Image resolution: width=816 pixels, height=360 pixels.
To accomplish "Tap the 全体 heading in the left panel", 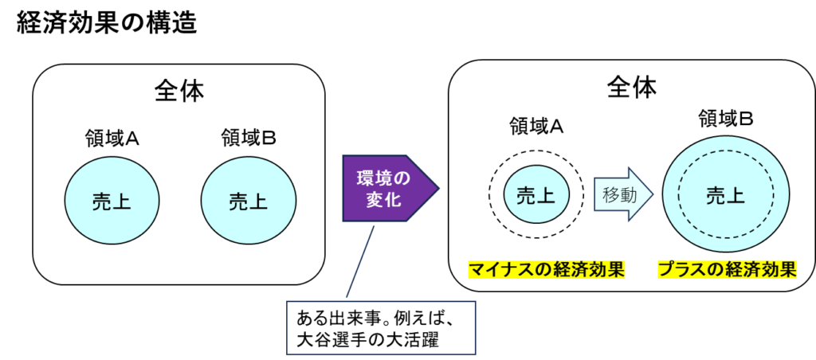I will tap(178, 91).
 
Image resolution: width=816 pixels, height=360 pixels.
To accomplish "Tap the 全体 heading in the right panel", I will tap(631, 87).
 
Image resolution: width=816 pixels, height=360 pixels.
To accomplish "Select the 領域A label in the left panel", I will tap(112, 139).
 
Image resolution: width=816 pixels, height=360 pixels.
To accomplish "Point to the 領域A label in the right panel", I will tap(536, 125).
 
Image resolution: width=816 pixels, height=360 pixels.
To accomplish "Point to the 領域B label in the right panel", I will tap(726, 119).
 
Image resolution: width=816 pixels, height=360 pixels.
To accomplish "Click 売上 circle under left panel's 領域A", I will tap(112, 201).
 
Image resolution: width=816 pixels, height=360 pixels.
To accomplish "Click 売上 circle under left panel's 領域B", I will tap(248, 201).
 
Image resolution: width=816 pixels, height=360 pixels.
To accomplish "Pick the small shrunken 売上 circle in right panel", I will tap(536, 195).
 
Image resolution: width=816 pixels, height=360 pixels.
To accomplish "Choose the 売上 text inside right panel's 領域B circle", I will tap(726, 195).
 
